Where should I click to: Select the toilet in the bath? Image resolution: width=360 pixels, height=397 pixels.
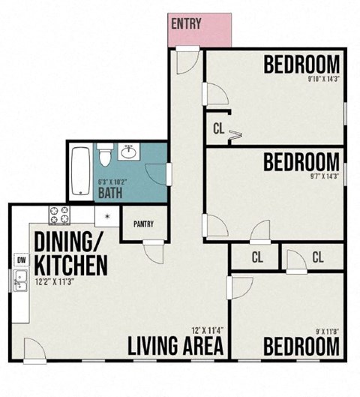106,155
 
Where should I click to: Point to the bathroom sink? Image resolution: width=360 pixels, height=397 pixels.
127,153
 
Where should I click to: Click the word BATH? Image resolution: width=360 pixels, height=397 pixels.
112,194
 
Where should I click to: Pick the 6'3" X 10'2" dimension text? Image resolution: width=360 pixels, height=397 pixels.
112,181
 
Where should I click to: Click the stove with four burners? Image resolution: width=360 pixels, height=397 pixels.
59,216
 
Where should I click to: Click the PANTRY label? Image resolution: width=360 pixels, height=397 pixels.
143,224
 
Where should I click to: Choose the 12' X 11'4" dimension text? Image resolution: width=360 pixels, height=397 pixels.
206,330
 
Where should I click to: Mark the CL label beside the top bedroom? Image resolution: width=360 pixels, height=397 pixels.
219,128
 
